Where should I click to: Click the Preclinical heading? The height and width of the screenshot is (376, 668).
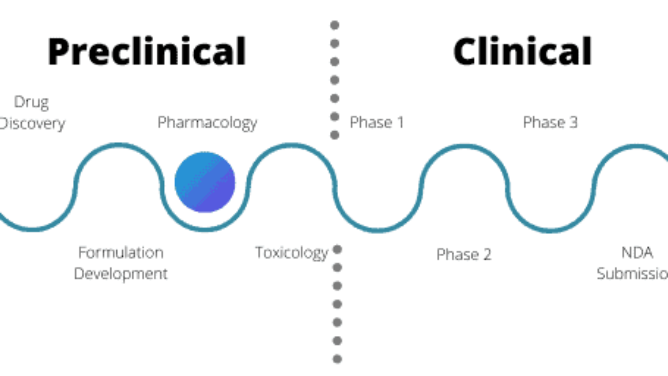(147, 51)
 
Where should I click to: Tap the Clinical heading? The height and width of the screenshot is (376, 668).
(523, 51)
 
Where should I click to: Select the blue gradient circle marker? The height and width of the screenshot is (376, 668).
(205, 182)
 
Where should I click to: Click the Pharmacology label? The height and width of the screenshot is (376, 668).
(207, 123)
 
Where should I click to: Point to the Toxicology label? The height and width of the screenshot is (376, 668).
(291, 253)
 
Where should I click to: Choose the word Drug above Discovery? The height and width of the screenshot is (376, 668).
(31, 102)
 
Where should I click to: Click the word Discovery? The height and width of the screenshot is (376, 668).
(32, 123)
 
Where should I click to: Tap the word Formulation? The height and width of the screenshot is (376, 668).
(121, 253)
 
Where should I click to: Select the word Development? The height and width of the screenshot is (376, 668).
(121, 274)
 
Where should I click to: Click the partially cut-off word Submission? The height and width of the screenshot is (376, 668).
(632, 274)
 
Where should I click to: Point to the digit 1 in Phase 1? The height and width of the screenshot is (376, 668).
(399, 122)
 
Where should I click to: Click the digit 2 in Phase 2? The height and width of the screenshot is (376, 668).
(486, 255)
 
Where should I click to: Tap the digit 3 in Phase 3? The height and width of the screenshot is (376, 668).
(572, 122)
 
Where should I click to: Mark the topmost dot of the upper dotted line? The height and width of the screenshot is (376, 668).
(335, 25)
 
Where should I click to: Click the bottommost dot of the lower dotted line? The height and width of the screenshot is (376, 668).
(337, 359)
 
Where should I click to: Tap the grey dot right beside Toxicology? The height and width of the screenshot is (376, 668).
(337, 249)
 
